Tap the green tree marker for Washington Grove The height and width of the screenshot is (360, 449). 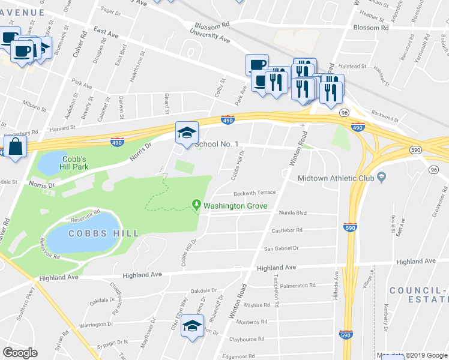pyautogui.click(x=196, y=205)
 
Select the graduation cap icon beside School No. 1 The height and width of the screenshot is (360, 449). pyautogui.click(x=186, y=133)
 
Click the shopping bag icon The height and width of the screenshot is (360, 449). pyautogui.click(x=15, y=146)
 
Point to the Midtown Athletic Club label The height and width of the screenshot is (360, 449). pyautogui.click(x=336, y=178)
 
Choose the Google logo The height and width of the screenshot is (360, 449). pyautogui.click(x=20, y=353)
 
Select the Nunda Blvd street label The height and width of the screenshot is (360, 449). pyautogui.click(x=292, y=213)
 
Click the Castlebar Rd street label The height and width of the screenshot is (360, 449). pyautogui.click(x=288, y=230)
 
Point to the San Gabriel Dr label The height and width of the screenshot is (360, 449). pyautogui.click(x=282, y=248)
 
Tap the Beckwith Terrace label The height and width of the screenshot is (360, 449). pyautogui.click(x=255, y=193)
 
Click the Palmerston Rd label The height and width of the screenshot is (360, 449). pyautogui.click(x=297, y=285)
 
